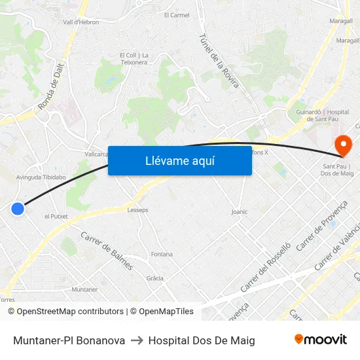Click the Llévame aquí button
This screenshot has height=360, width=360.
pos(179,160)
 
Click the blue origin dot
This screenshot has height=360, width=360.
pos(18,209)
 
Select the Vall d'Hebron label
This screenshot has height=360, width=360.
pos(82,22)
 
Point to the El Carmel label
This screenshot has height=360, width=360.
pos(176,15)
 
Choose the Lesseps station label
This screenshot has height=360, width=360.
pos(137,210)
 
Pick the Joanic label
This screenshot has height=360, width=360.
pos(240,212)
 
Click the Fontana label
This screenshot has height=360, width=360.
pos(162,254)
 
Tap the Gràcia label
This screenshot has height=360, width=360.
pos(154,278)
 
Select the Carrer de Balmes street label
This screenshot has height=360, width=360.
pos(107,251)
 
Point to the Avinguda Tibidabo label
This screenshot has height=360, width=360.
pos(41,177)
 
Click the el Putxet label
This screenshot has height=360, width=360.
pos(56,216)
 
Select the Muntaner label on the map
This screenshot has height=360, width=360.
pos(84,289)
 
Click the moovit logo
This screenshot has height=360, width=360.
pos(320,340)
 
